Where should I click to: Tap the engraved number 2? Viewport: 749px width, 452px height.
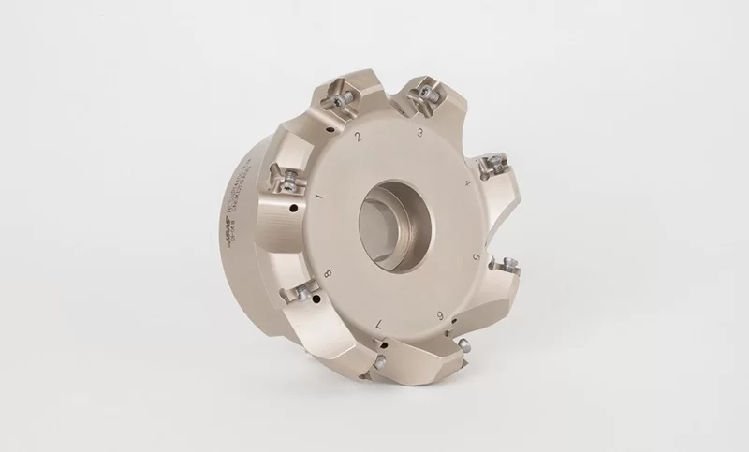coord(359,137)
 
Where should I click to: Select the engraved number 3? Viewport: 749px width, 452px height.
coord(421,133)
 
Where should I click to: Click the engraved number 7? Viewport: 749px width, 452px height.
coord(378,323)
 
